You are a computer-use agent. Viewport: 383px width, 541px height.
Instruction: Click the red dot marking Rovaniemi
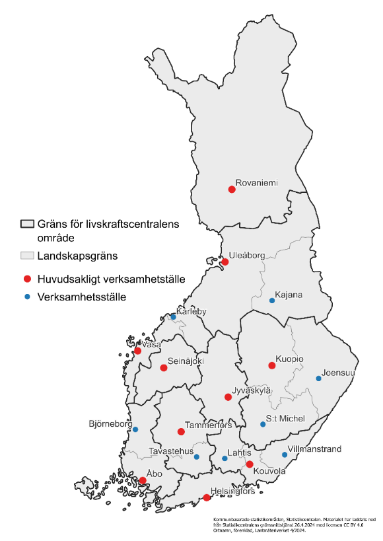232,190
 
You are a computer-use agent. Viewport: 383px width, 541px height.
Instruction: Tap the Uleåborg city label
246,254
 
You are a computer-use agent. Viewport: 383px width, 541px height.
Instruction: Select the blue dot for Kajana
271,301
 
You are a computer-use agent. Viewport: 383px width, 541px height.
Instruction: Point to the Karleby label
191,311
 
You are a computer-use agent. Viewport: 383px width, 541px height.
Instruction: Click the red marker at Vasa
137,351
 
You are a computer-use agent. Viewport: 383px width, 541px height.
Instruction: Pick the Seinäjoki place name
186,362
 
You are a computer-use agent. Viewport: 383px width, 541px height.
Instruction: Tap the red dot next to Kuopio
271,365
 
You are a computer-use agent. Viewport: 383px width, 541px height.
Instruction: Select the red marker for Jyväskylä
228,397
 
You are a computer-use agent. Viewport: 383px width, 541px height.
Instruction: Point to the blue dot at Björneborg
135,429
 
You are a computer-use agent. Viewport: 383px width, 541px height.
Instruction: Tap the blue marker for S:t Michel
263,424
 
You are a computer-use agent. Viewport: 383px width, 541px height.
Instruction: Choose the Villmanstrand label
315,449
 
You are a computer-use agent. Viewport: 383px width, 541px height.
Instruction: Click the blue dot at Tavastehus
197,456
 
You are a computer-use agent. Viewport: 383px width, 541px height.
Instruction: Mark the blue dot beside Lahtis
225,458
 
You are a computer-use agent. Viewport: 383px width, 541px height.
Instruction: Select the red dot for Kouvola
250,464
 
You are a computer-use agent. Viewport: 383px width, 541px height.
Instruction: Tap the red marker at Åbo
143,481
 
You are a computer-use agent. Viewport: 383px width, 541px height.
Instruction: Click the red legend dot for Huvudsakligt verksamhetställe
26,278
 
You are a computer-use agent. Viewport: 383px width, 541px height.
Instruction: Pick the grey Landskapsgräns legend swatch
26,255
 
